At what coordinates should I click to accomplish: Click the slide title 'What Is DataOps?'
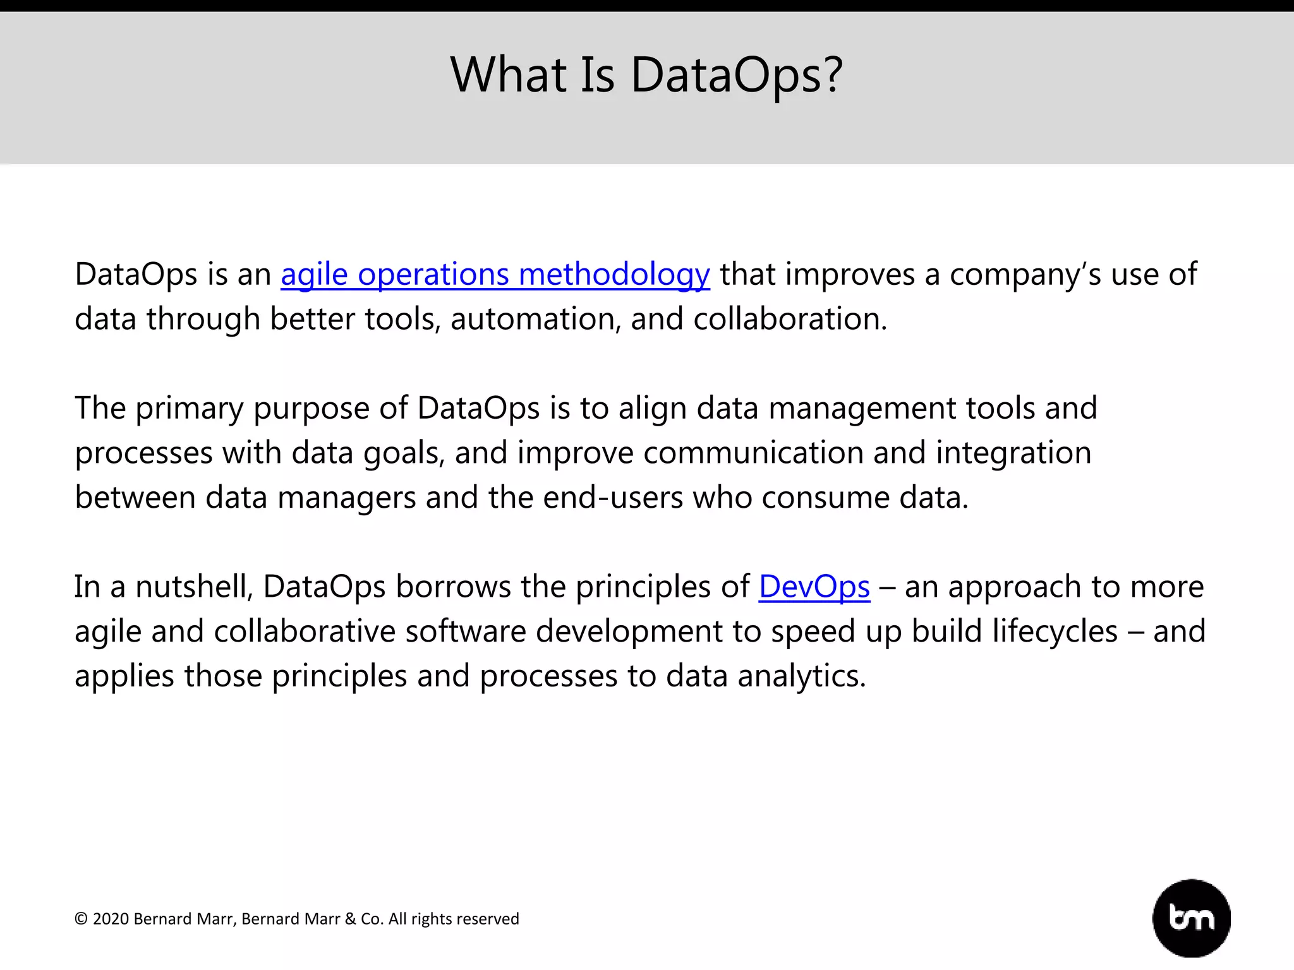pos(646,75)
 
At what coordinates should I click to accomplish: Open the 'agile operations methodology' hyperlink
pos(495,275)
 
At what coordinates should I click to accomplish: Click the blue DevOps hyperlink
pos(814,587)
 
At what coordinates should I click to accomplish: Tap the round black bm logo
pos(1191,918)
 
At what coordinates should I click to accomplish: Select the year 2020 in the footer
pos(111,919)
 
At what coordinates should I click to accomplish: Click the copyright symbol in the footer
pos(81,919)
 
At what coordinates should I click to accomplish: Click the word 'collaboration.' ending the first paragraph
pos(790,319)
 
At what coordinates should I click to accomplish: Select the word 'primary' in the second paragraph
pos(190,409)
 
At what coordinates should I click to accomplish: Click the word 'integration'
pos(1013,453)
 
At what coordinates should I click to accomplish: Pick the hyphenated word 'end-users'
pos(613,498)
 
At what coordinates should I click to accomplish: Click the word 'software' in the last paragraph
pos(466,632)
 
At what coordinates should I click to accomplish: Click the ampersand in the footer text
pos(351,919)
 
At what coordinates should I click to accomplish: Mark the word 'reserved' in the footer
pos(490,919)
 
